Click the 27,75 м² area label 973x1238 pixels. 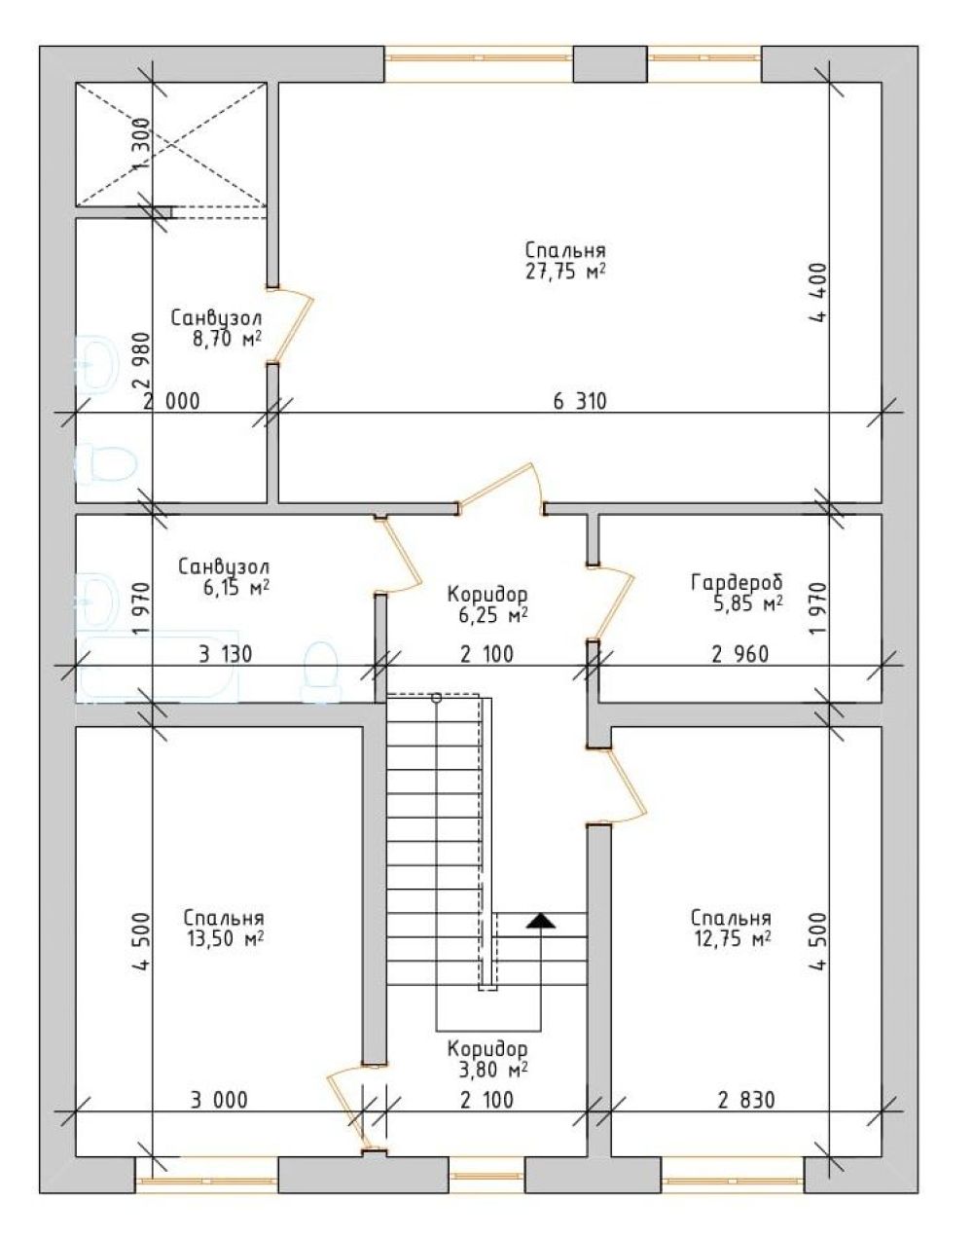click(x=565, y=272)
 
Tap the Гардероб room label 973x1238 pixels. click(x=737, y=583)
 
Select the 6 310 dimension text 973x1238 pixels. click(x=580, y=402)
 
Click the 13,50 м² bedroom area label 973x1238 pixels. click(x=226, y=939)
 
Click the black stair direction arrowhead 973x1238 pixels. click(x=541, y=921)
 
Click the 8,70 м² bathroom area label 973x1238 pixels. click(x=227, y=340)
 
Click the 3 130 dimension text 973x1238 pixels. click(x=226, y=655)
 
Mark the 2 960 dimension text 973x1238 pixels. click(x=740, y=655)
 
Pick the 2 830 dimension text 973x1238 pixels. click(x=746, y=1101)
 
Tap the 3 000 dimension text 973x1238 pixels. click(x=219, y=1101)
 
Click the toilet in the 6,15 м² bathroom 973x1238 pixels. click(x=320, y=672)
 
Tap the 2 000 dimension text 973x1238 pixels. click(x=171, y=402)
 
